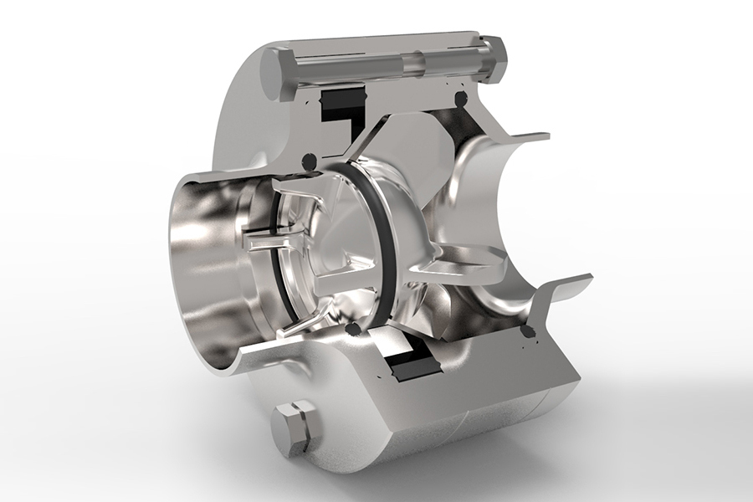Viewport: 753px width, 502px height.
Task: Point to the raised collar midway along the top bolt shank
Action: (x=411, y=64)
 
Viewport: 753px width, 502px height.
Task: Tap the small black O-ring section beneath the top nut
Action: (x=458, y=100)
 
